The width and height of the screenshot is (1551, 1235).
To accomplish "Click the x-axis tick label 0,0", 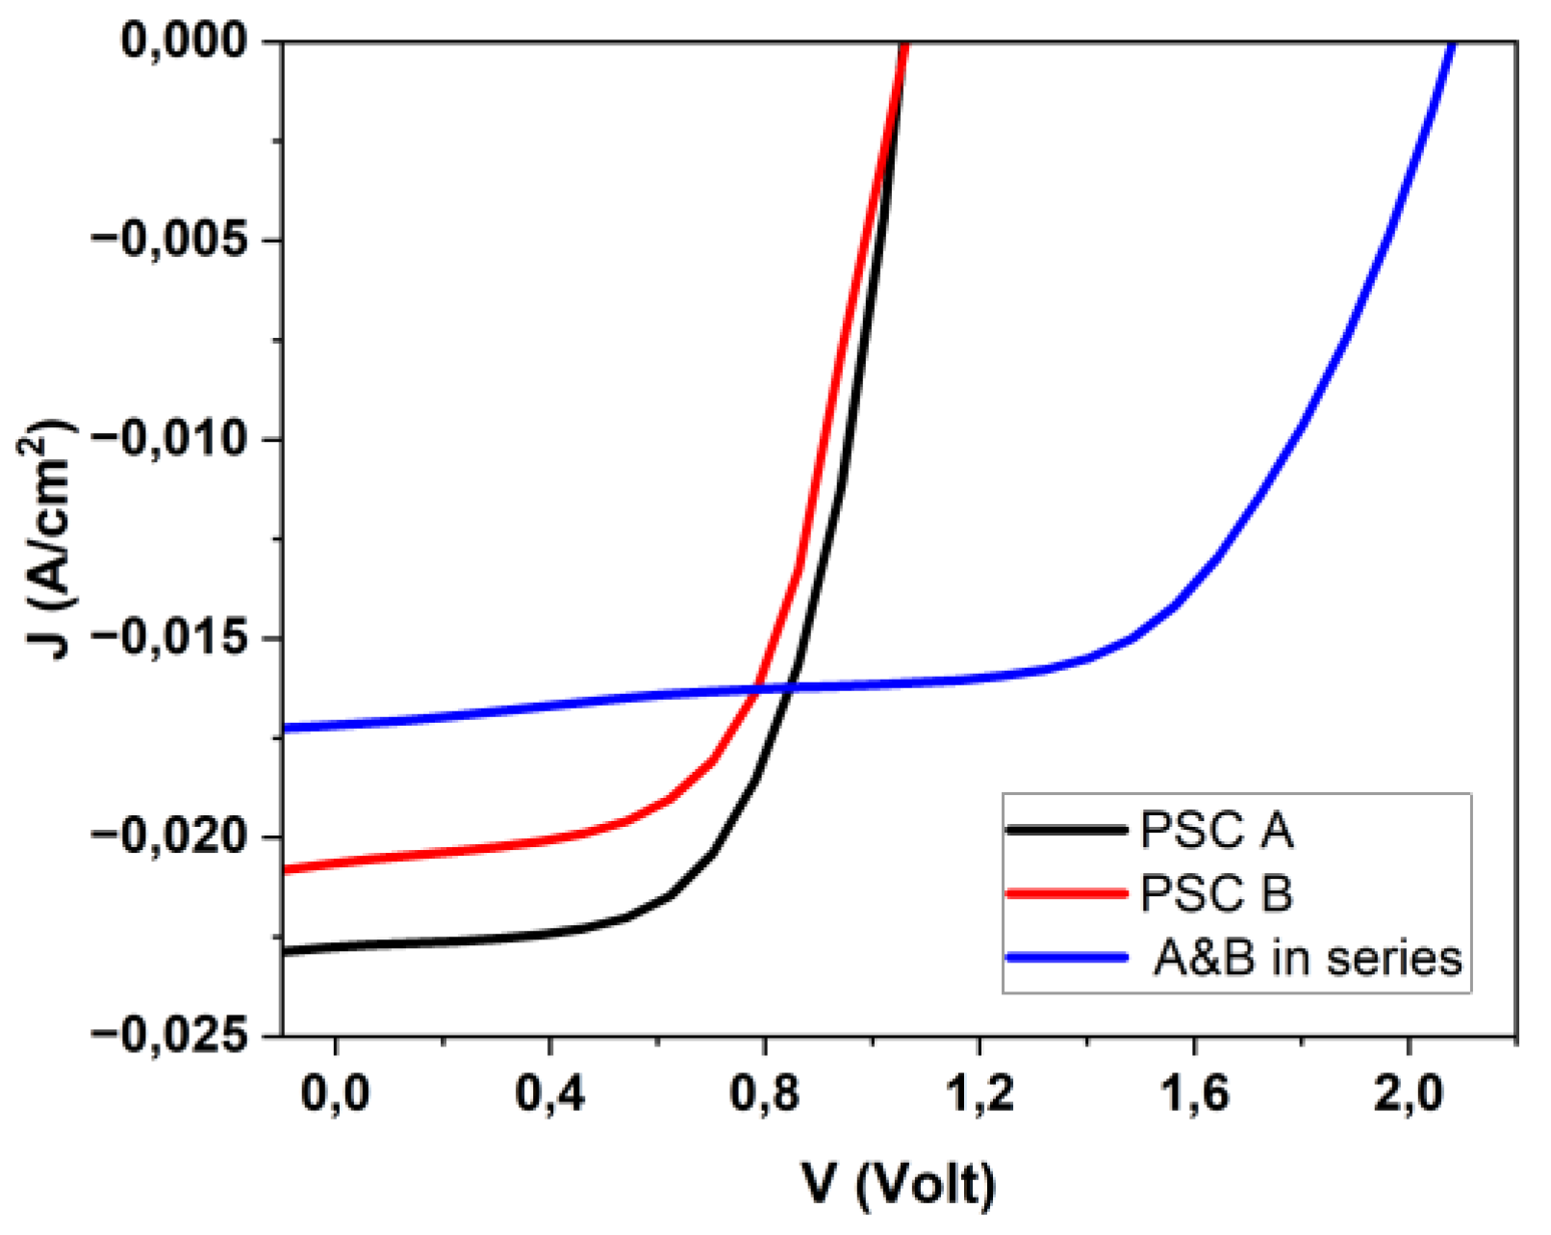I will tap(335, 1094).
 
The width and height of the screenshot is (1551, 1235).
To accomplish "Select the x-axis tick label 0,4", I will tap(549, 1094).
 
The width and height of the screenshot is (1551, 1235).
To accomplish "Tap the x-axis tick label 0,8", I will tap(764, 1094).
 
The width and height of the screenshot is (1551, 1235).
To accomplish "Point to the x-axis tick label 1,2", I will tap(979, 1094).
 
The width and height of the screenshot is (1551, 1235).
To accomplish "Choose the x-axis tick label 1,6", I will tap(1194, 1094).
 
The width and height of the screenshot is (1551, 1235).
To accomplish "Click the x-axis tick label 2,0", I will tap(1409, 1094).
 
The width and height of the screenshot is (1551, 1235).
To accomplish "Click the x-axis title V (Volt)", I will tap(898, 1183).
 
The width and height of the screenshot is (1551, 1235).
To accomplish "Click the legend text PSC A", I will tap(1216, 831).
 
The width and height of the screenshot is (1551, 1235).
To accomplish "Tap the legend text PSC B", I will tap(1216, 894).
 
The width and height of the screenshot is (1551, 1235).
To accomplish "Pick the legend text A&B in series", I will tap(1308, 959).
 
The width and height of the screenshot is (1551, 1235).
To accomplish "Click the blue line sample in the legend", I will tap(1065, 958).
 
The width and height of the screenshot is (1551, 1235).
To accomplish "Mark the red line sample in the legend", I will tap(1065, 893).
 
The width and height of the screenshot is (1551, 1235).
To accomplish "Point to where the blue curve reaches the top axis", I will tap(1452, 42).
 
